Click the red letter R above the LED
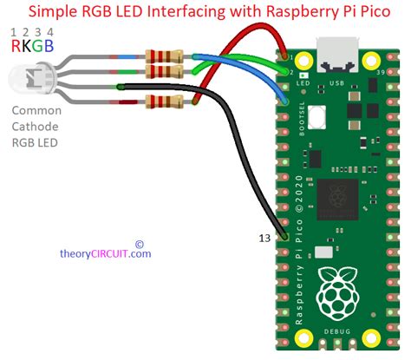[x=16, y=45]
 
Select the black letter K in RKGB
[x=29, y=45]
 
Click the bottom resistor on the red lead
[x=165, y=103]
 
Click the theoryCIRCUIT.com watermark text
[x=105, y=253]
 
